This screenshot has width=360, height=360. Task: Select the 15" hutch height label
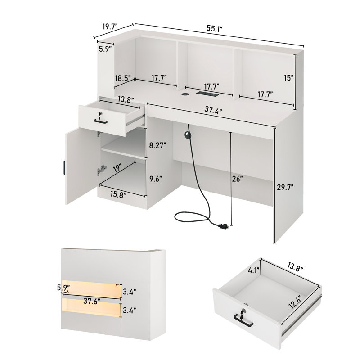point(288,77)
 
